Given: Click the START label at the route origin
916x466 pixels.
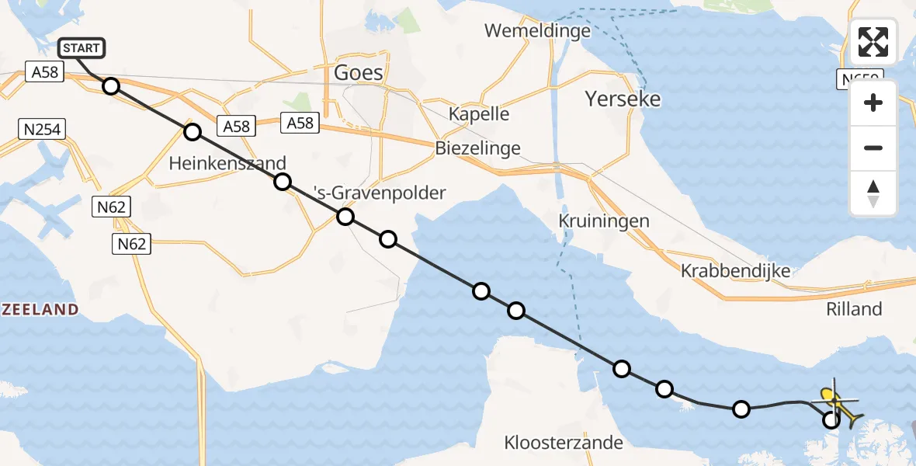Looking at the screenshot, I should coord(81,48).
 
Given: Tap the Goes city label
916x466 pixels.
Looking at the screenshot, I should coord(358,73).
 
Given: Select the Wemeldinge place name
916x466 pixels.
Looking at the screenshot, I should coord(537,31).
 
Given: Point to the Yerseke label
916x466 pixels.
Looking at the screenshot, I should coord(623,99).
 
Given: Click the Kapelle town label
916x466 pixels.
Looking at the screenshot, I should coord(479,113).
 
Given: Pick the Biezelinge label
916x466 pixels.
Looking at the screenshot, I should coord(477,148).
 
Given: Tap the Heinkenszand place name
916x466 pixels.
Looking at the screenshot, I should coord(227,163).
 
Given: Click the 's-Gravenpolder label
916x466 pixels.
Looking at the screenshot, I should coord(379,193).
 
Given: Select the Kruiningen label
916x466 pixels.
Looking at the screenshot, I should coord(603,221).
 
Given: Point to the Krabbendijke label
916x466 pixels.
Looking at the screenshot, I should coord(736,271).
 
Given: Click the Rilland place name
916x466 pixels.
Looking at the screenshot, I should coord(854,309).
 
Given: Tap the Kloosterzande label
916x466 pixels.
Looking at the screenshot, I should coord(564,443).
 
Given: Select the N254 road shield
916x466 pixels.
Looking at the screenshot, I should coord(41,129).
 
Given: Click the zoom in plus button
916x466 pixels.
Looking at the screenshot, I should coord(873,103).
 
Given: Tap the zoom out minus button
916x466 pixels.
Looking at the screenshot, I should coord(873,148).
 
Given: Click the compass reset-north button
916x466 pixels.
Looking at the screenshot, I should coord(873,193).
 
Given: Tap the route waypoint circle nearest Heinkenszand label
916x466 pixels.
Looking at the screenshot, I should coord(193,132).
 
